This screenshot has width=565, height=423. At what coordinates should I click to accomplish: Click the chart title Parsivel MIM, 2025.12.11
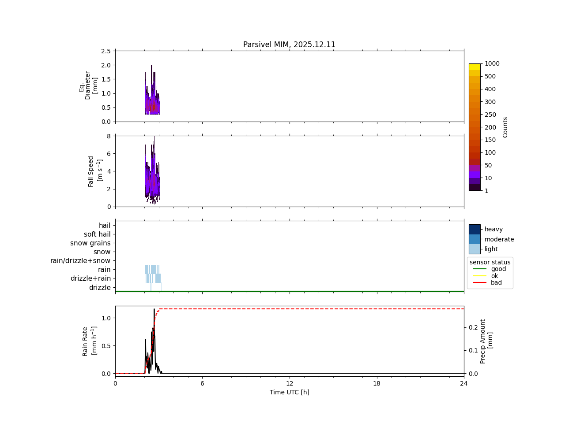[x=289, y=45]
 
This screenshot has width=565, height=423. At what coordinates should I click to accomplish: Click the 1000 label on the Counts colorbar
[x=492, y=64]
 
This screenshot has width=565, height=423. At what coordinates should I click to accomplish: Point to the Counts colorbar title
[x=505, y=127]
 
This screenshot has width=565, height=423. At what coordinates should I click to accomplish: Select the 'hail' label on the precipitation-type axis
[x=105, y=226]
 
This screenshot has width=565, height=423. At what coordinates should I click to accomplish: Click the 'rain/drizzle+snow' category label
[x=80, y=261]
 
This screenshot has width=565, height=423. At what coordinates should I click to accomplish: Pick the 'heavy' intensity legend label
[x=493, y=229]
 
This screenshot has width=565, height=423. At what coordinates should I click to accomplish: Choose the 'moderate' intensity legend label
[x=499, y=239]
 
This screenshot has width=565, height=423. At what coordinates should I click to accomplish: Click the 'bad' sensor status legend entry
[x=496, y=283]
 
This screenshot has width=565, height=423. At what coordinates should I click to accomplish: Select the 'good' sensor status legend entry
[x=498, y=269]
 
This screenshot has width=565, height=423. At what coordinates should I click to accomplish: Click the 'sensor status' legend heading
[x=490, y=262]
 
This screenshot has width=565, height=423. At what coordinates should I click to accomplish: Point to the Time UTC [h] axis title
[x=289, y=392]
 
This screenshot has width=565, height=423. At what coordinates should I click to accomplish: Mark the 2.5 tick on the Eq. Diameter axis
[x=106, y=51]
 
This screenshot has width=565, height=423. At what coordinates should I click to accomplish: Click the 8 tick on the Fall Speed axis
[x=108, y=136]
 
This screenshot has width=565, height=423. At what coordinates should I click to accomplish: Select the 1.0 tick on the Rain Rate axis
[x=106, y=318]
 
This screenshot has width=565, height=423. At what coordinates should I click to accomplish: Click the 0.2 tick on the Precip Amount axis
[x=473, y=327]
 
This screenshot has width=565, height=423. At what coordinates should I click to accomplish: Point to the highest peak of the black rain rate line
[x=154, y=309]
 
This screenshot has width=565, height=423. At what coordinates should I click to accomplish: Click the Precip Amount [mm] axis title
[x=486, y=341]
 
